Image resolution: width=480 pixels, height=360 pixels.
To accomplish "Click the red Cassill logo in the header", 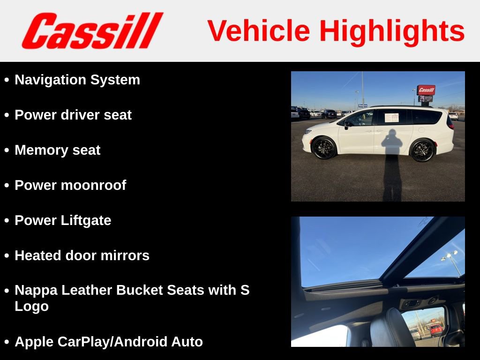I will [x=92, y=30].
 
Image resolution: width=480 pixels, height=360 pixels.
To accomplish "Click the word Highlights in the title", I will [x=392, y=31].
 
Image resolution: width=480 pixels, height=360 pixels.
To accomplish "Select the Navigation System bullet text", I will [x=77, y=80].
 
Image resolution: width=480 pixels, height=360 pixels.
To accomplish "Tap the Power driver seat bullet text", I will [x=73, y=115].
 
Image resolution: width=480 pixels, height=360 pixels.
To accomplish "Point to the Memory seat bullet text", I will [x=57, y=150].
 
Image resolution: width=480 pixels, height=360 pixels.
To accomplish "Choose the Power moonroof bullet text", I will [x=70, y=185].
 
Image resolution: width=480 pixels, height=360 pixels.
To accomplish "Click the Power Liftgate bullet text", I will [x=63, y=220].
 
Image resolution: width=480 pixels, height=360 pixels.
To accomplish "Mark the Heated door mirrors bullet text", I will [x=82, y=255].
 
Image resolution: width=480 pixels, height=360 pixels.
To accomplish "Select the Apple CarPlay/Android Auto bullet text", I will [x=109, y=342].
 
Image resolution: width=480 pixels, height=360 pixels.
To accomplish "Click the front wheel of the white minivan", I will [x=324, y=148].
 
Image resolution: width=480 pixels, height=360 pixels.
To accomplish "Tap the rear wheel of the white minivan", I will [x=422, y=150].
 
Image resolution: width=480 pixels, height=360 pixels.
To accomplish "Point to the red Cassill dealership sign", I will [x=426, y=90].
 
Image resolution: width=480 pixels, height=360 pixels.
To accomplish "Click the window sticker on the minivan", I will [x=391, y=117].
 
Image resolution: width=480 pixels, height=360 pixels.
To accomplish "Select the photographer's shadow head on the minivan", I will [x=392, y=136].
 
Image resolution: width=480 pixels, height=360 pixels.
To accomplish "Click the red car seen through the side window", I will [x=436, y=329].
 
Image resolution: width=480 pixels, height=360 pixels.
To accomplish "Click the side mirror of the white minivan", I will [x=347, y=124].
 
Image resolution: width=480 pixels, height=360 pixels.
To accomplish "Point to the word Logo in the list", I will [x=31, y=307].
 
